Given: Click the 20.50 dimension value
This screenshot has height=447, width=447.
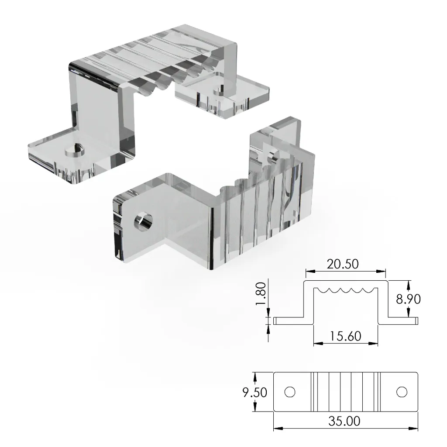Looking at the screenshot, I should tap(345, 264).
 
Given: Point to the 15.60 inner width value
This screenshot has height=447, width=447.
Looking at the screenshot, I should tap(345, 336).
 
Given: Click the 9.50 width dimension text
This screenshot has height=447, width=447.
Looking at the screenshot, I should tap(254, 392).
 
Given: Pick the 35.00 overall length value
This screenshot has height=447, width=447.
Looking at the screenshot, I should tap(344, 421).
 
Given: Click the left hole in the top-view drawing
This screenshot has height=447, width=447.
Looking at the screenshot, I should tap(289, 392).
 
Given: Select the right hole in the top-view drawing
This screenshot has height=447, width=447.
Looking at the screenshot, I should tap(402, 392).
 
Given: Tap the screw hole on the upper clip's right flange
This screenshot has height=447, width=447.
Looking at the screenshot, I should tap(217, 90).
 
